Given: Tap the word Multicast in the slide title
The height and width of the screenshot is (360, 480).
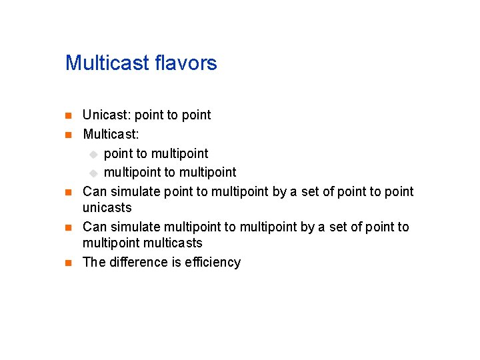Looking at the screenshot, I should (x=107, y=63).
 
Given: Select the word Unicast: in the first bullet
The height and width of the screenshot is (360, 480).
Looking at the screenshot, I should (x=107, y=115).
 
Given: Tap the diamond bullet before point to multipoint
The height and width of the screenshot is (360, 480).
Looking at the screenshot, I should (x=94, y=155).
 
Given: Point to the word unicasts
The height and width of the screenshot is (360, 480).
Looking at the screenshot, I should (x=107, y=207).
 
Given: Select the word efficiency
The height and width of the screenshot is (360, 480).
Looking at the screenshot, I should (x=213, y=262).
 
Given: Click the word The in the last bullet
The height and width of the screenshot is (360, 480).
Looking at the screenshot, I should (x=93, y=262).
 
